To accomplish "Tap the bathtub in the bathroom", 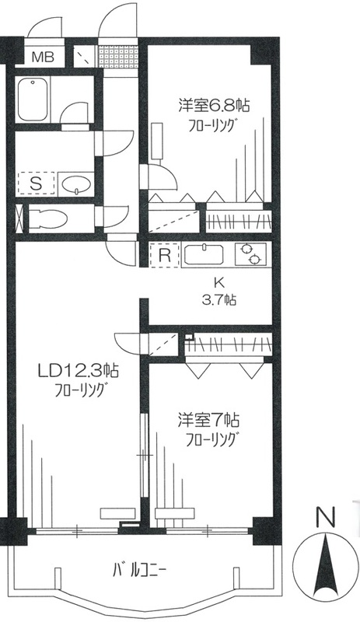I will coord(33,99).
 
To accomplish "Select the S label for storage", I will coord(35,183).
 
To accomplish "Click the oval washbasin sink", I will coord(78,184).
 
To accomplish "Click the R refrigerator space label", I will coord(165,254).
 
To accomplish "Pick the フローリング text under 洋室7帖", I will coord(210,441).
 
